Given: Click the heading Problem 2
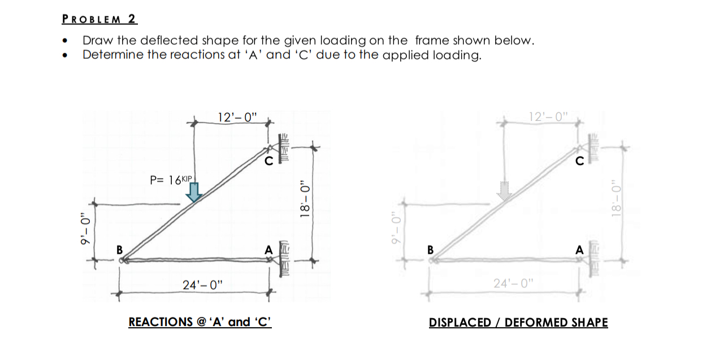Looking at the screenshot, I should (99, 19).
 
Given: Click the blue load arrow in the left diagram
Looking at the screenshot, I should (194, 192).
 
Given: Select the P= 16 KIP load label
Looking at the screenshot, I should (172, 180).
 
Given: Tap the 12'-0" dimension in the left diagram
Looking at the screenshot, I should (237, 118).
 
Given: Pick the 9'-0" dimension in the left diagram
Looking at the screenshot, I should (84, 232).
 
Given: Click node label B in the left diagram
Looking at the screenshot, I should (119, 249).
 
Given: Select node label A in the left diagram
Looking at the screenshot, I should (268, 249).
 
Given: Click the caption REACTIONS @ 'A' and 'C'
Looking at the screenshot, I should (200, 322).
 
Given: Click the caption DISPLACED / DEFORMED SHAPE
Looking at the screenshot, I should (518, 323).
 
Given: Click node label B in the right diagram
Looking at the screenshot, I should (430, 249).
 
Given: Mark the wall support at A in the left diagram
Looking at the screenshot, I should (284, 261).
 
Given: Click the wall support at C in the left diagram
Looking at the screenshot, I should (284, 148).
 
